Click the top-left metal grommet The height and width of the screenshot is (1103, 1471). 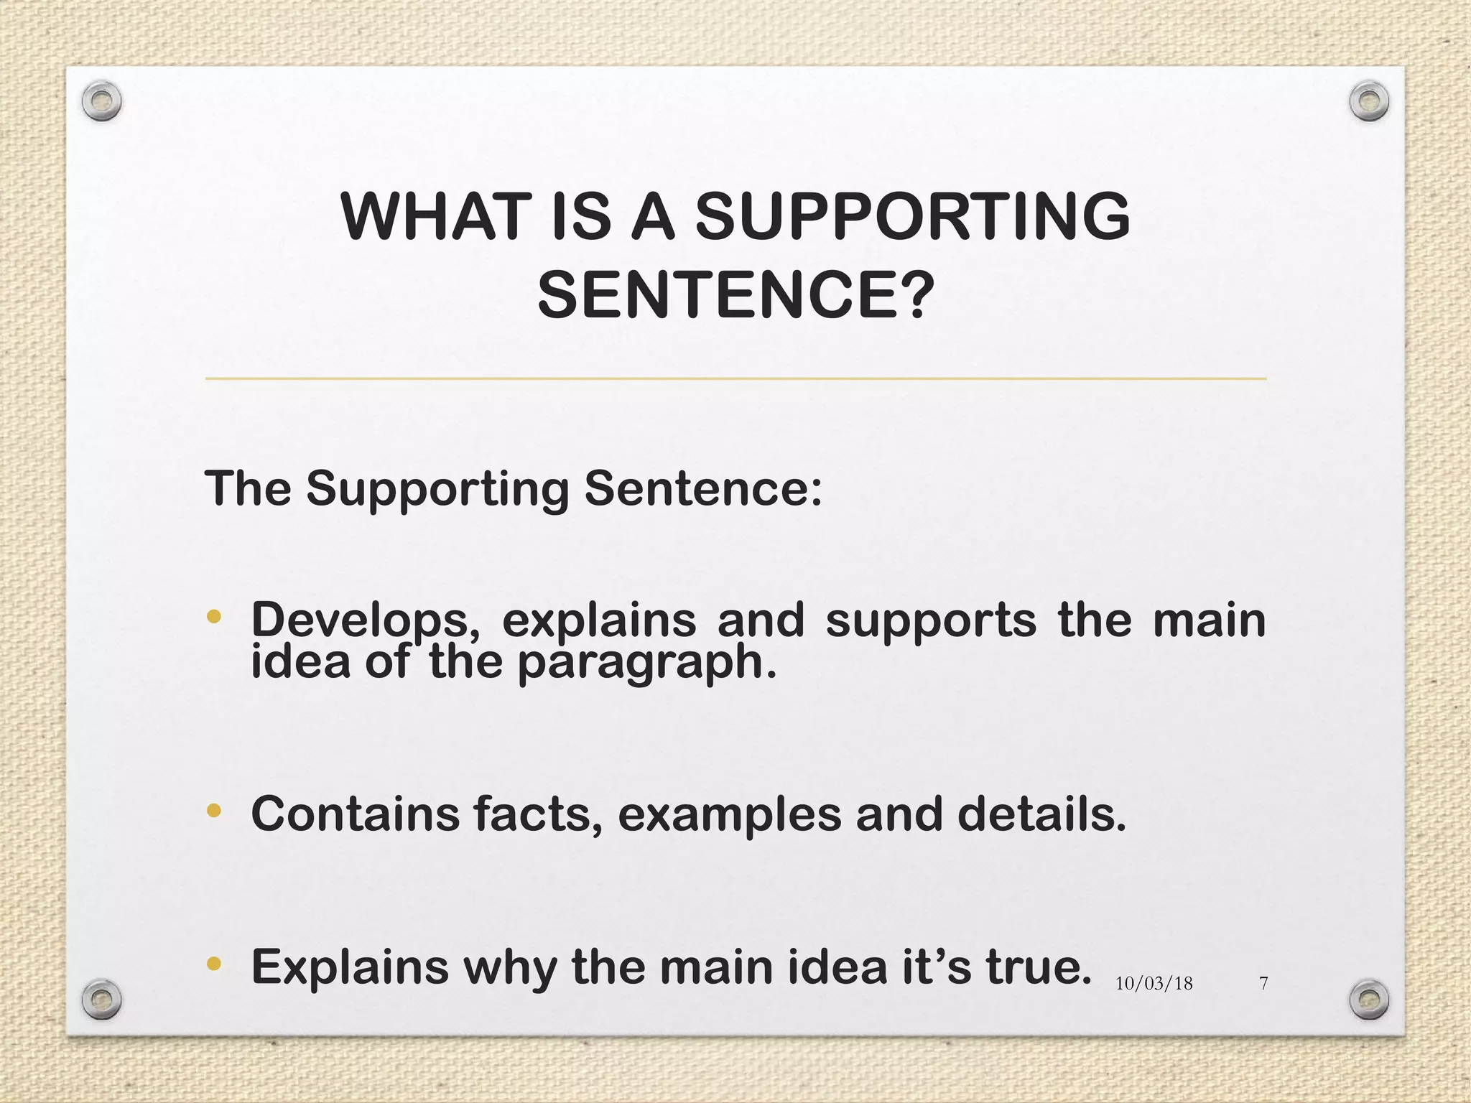point(101,101)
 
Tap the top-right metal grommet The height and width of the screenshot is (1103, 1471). point(1369,101)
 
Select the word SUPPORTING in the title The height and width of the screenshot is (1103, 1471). point(912,217)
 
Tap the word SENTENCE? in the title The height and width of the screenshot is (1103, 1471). point(735,296)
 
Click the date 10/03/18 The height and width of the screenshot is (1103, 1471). point(1154,984)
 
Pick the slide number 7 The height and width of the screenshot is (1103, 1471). point(1264,984)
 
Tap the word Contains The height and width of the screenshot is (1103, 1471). point(355,814)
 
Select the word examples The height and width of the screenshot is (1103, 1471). point(729,816)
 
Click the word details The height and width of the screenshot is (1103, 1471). point(1041,814)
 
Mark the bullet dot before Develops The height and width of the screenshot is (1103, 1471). point(213,617)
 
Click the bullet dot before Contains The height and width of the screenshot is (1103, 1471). point(213,811)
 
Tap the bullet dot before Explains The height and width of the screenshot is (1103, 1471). point(213,964)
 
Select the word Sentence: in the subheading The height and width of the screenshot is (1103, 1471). point(703,489)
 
